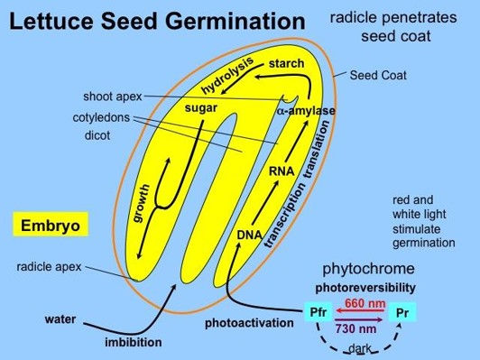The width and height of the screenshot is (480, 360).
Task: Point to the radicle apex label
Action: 49,267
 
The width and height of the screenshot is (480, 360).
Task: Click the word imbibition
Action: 132,342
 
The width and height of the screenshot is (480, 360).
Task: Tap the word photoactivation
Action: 249,322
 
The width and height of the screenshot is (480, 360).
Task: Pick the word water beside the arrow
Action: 61,319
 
